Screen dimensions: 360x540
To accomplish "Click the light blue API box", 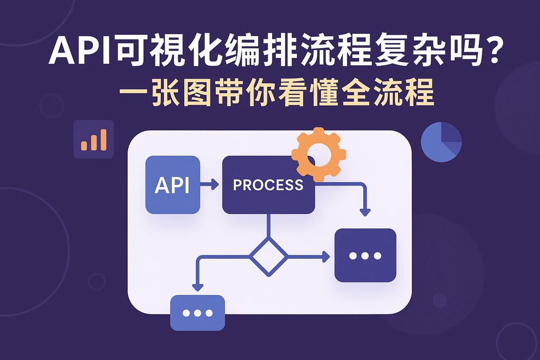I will pyautogui.click(x=172, y=185).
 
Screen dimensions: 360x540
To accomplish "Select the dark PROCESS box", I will pyautogui.click(x=268, y=185).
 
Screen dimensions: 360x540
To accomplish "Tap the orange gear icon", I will pyautogui.click(x=319, y=154).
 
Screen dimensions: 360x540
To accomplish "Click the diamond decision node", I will pyautogui.click(x=268, y=257).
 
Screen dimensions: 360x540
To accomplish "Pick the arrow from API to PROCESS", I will pyautogui.click(x=210, y=184).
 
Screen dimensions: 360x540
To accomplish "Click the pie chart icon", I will pyautogui.click(x=441, y=142).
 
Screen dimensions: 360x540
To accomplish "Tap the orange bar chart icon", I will pyautogui.click(x=94, y=140).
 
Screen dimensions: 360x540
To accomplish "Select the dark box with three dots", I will pyautogui.click(x=365, y=255).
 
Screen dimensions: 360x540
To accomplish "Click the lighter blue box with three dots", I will pyautogui.click(x=198, y=313).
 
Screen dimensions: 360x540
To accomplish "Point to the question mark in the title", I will pyautogui.click(x=493, y=54).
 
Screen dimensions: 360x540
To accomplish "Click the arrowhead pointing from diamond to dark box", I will pyautogui.click(x=326, y=257).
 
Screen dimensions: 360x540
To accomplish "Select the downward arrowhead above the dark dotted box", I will pyautogui.click(x=364, y=211).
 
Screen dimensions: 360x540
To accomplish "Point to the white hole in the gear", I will pyautogui.click(x=320, y=153).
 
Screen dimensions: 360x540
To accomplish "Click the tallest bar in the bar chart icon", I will pyautogui.click(x=102, y=139).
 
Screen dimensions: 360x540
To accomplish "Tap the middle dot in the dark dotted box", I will pyautogui.click(x=365, y=256).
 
